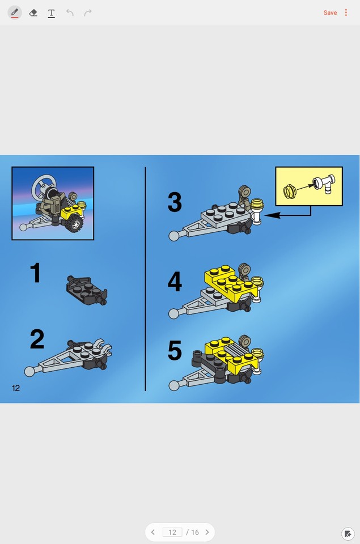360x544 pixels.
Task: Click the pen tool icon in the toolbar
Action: click(x=15, y=12)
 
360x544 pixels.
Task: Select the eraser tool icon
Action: click(x=33, y=12)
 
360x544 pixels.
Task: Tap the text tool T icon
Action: click(x=51, y=12)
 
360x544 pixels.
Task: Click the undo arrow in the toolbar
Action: click(x=70, y=12)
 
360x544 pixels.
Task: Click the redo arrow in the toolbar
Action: click(x=88, y=12)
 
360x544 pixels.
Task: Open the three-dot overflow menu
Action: click(x=346, y=12)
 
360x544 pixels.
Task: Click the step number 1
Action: click(x=35, y=273)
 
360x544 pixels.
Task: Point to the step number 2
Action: click(x=37, y=339)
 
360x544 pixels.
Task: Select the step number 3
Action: click(x=175, y=203)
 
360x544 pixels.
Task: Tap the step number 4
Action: click(x=175, y=282)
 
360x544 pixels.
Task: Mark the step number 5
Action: click(x=175, y=351)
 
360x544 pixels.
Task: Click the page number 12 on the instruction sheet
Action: click(x=16, y=388)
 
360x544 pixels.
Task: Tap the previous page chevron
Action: click(x=153, y=532)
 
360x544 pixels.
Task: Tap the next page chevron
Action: click(x=207, y=532)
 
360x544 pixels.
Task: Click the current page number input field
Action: click(x=172, y=532)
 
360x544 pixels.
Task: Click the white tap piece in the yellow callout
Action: click(x=324, y=184)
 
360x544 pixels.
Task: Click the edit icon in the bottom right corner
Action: click(x=348, y=533)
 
